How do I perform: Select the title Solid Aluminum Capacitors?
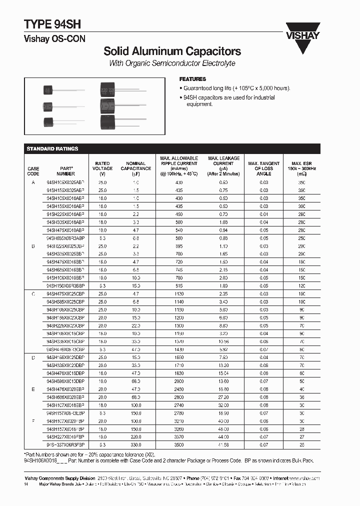click(x=172, y=51)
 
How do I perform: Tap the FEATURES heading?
click(x=192, y=79)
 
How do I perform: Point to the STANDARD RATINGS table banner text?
click(x=52, y=148)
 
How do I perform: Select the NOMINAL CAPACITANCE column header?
click(x=135, y=168)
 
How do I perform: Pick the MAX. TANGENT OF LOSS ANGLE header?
click(x=263, y=168)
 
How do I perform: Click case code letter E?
click(x=33, y=388)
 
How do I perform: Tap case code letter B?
click(x=33, y=246)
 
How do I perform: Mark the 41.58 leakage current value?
click(x=223, y=443)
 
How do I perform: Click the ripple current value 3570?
click(x=178, y=435)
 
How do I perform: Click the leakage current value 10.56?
click(x=223, y=341)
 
